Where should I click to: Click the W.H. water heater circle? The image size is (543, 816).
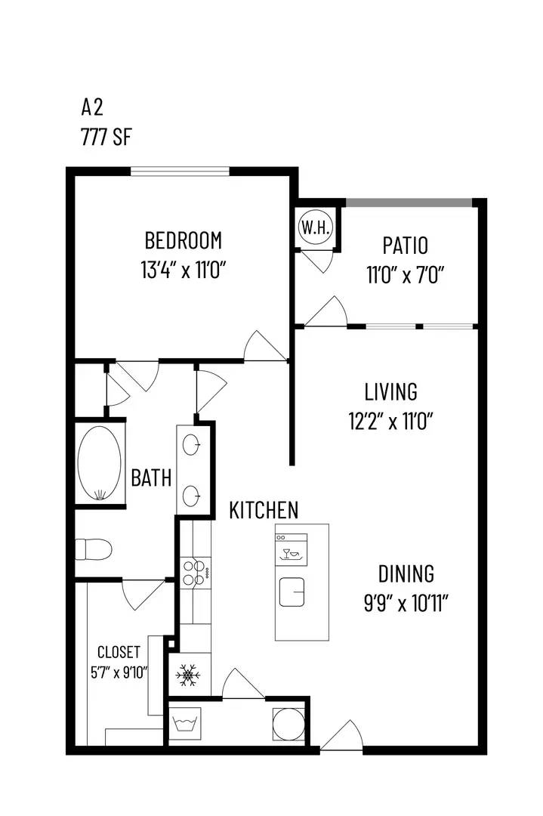(x=315, y=227)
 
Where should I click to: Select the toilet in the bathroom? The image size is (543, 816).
(x=94, y=549)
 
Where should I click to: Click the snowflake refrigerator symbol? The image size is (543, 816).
(x=188, y=675)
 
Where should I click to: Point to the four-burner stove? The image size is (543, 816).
(x=196, y=573)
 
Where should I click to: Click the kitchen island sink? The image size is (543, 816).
(x=292, y=592)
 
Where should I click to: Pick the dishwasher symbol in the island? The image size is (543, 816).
(x=292, y=549)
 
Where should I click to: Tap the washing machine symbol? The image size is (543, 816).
(x=184, y=723)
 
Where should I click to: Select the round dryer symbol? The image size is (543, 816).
(x=288, y=723)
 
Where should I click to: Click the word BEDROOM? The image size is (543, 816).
(x=183, y=241)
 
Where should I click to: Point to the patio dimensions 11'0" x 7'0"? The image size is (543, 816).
(x=405, y=275)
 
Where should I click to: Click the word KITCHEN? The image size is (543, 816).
(x=264, y=511)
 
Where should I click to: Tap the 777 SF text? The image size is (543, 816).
(x=106, y=138)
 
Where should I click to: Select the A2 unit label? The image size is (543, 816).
(x=92, y=107)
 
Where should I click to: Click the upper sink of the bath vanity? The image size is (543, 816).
(x=192, y=445)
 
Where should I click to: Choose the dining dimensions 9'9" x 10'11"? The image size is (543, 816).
(x=406, y=604)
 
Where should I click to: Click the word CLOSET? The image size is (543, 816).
(x=119, y=652)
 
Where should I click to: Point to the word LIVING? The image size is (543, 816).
(x=390, y=392)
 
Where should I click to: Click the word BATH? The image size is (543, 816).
(x=151, y=478)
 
